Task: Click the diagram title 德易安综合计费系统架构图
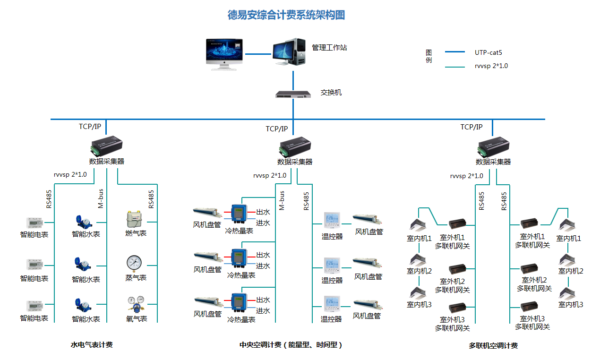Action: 286,15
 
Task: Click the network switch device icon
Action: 293,94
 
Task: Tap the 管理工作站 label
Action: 329,48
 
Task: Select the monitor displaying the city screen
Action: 224,52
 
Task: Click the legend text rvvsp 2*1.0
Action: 491,66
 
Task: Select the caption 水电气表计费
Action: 92,345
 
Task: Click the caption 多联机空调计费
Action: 493,346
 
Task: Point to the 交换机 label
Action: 331,93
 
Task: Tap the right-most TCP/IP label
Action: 471,127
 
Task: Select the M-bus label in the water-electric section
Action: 101,198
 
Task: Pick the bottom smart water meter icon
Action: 84,305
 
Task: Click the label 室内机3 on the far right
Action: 571,305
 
